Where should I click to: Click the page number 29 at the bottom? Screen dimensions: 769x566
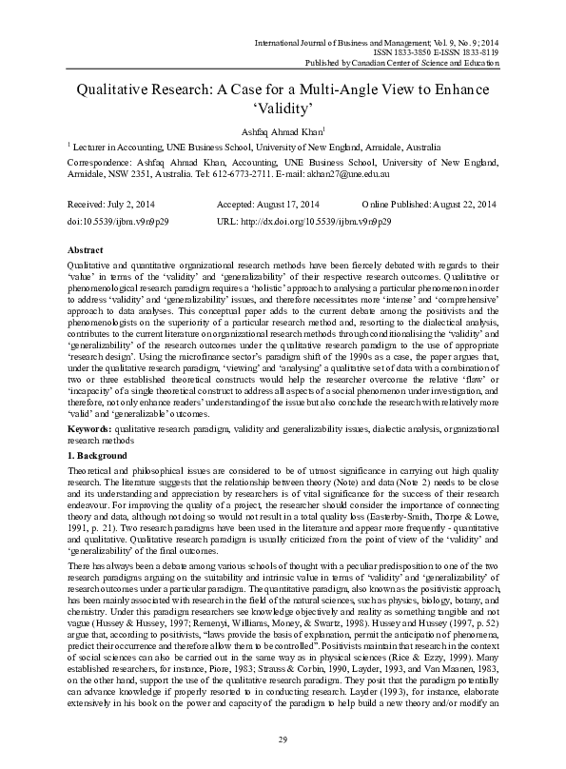point(283,739)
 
